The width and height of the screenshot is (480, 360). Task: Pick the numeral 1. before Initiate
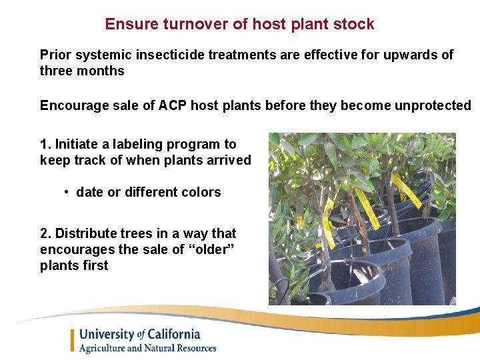pos(45,144)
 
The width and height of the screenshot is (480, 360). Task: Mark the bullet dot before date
pos(67,192)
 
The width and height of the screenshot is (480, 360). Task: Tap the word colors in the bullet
pos(201,192)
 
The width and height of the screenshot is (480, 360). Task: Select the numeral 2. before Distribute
pos(45,233)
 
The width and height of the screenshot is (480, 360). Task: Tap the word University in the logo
pos(107,335)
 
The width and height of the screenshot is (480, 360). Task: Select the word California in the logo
pos(174,335)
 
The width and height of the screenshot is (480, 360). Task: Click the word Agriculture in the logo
pos(106,348)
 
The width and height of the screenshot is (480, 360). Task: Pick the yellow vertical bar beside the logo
pos(72,341)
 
